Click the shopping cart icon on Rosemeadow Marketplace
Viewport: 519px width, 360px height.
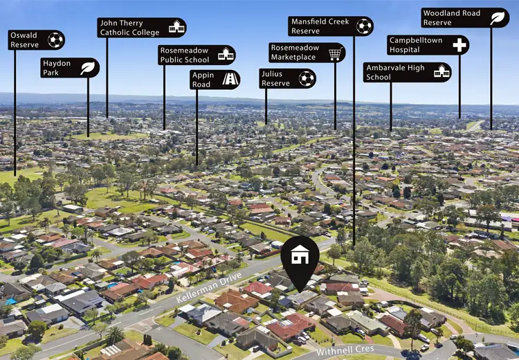point(335,53)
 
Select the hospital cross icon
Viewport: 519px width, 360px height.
point(459,46)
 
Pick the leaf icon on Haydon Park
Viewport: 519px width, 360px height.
point(88,68)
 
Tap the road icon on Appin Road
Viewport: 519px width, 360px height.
point(230,80)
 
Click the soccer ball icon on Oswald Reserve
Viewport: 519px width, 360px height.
point(55,40)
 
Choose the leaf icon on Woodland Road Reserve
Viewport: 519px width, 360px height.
point(498,18)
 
